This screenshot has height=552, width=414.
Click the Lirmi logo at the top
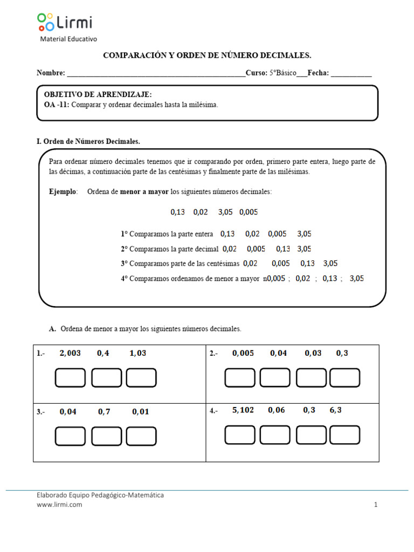pyautogui.click(x=65, y=23)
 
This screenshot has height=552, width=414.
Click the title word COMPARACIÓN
pyautogui.click(x=129, y=56)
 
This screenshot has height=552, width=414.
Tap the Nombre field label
pyautogui.click(x=51, y=73)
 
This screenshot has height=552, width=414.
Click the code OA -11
pyautogui.click(x=56, y=105)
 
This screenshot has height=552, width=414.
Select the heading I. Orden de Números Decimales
pyautogui.click(x=88, y=141)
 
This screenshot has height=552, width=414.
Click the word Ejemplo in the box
pyautogui.click(x=63, y=192)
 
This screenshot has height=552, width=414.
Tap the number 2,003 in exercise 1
pyautogui.click(x=70, y=353)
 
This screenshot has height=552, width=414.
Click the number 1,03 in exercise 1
pyautogui.click(x=137, y=353)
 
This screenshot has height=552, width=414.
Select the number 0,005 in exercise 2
pyautogui.click(x=243, y=353)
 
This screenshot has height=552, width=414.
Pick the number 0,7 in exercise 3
pyautogui.click(x=104, y=411)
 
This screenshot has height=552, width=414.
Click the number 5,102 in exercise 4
pyautogui.click(x=243, y=410)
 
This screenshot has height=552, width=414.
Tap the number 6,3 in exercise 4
pyautogui.click(x=335, y=410)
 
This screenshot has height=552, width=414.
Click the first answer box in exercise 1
pyautogui.click(x=70, y=377)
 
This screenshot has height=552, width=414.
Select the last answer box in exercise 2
pyautogui.click(x=344, y=377)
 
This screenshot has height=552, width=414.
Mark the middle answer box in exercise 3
pyautogui.click(x=106, y=436)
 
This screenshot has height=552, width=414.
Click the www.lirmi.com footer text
pyautogui.click(x=59, y=505)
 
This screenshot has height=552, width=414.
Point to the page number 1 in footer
pyautogui.click(x=375, y=505)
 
